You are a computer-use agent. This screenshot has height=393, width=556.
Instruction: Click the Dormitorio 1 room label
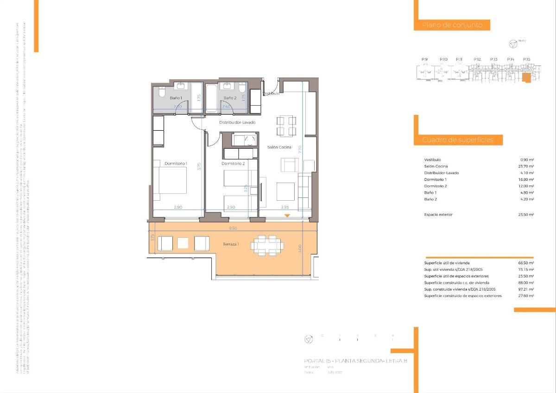pyautogui.click(x=176, y=163)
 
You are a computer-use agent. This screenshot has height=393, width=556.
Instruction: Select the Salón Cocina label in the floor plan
pyautogui.click(x=279, y=147)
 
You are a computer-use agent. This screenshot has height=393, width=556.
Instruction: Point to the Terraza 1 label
pyautogui.click(x=231, y=244)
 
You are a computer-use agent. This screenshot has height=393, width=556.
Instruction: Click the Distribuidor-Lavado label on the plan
pyautogui.click(x=237, y=122)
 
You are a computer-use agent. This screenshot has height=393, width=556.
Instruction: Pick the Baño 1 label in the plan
pyautogui.click(x=176, y=98)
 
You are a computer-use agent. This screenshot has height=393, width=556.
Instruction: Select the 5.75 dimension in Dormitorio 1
pyautogui.click(x=199, y=166)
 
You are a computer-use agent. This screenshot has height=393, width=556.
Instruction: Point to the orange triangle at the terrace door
pyautogui.click(x=287, y=216)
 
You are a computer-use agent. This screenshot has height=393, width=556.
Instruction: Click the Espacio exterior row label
pyautogui.click(x=438, y=215)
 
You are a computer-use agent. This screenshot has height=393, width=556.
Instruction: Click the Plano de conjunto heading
pyautogui.click(x=449, y=25)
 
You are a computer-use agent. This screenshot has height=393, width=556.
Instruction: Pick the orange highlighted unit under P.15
pyautogui.click(x=526, y=78)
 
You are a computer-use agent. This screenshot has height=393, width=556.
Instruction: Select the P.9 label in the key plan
pyautogui.click(x=424, y=59)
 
